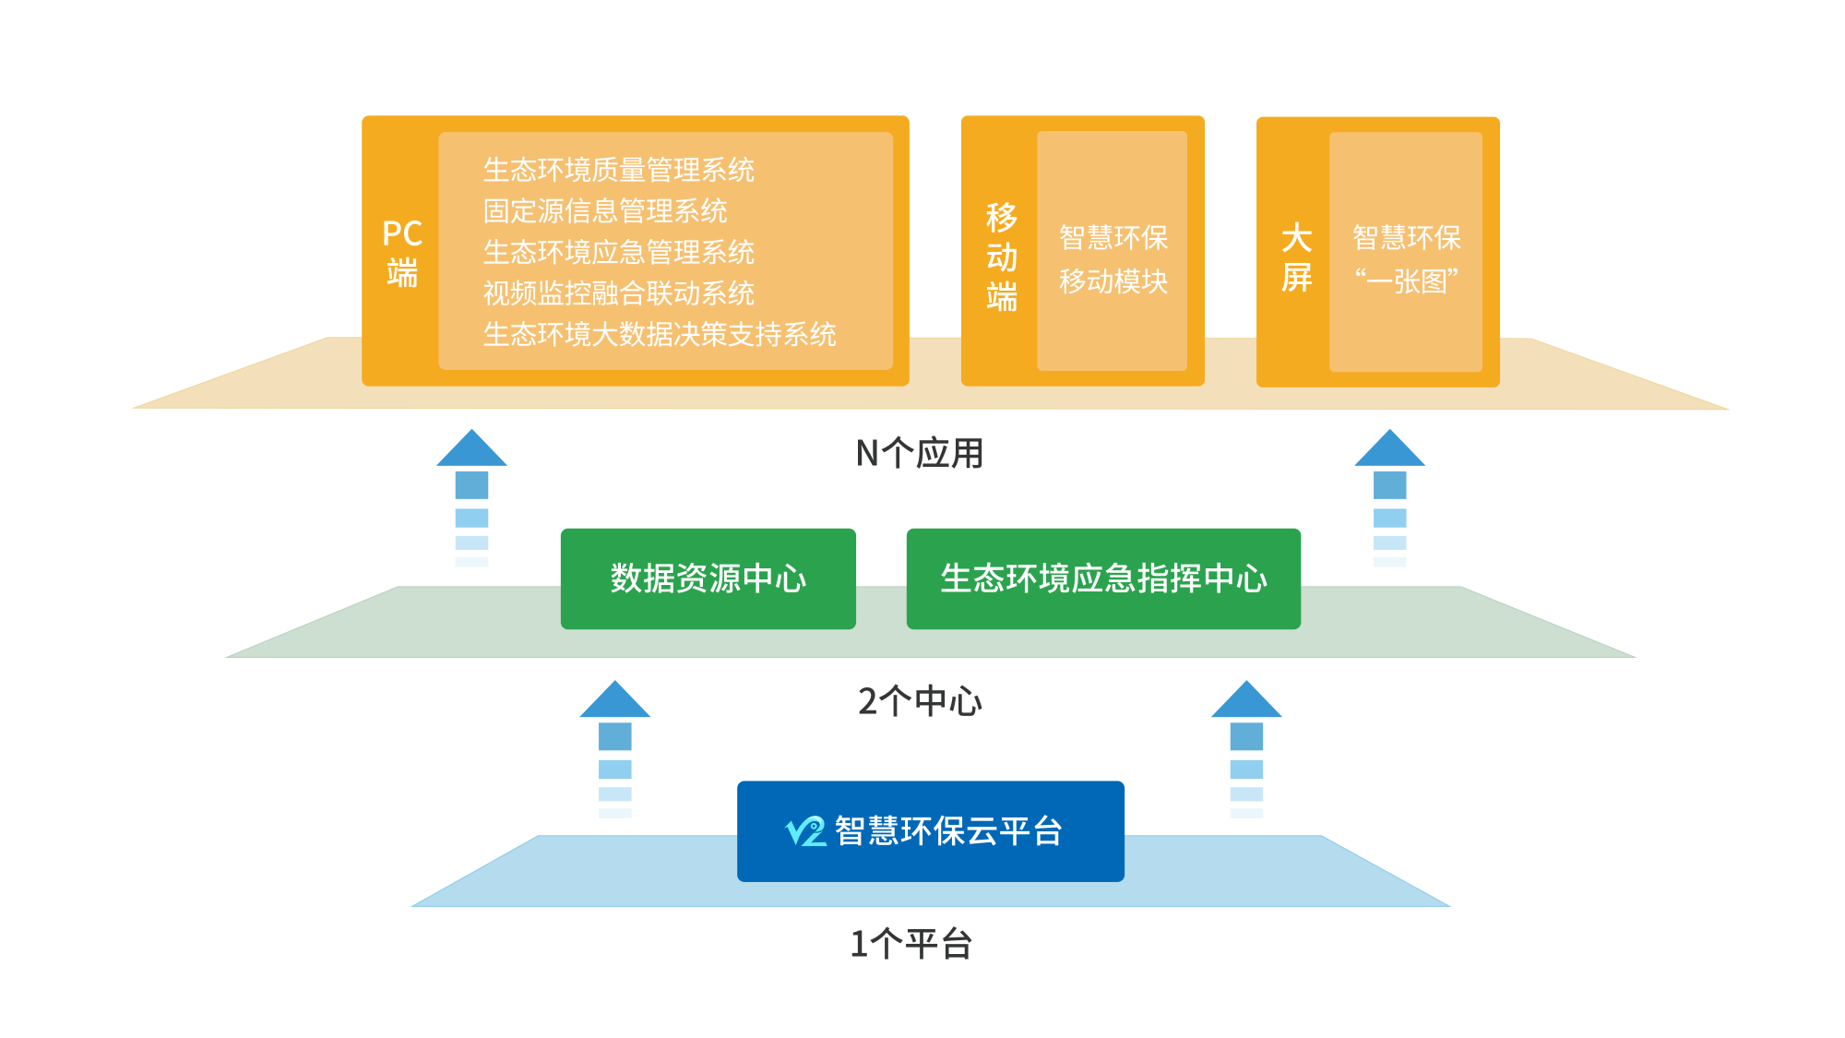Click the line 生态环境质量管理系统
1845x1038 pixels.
(618, 170)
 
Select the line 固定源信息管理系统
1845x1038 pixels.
(605, 211)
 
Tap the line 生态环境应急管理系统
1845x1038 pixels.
(618, 252)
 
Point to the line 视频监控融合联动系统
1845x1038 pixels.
(618, 293)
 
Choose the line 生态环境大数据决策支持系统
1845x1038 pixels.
(660, 334)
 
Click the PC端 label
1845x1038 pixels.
(402, 253)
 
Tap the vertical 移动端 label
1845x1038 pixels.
(1001, 257)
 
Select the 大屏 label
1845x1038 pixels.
(1296, 257)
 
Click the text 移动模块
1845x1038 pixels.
(1113, 281)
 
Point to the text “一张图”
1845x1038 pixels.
(1406, 280)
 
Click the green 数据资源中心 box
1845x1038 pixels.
(708, 579)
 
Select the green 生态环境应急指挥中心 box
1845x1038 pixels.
(1103, 579)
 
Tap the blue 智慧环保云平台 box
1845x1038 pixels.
(930, 830)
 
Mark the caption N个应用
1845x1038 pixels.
(920, 453)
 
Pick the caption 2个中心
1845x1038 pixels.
(920, 701)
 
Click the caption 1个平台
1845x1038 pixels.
(911, 944)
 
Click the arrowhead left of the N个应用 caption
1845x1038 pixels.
(471, 449)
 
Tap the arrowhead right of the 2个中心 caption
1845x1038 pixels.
(1246, 701)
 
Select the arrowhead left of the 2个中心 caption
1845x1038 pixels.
(614, 701)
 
